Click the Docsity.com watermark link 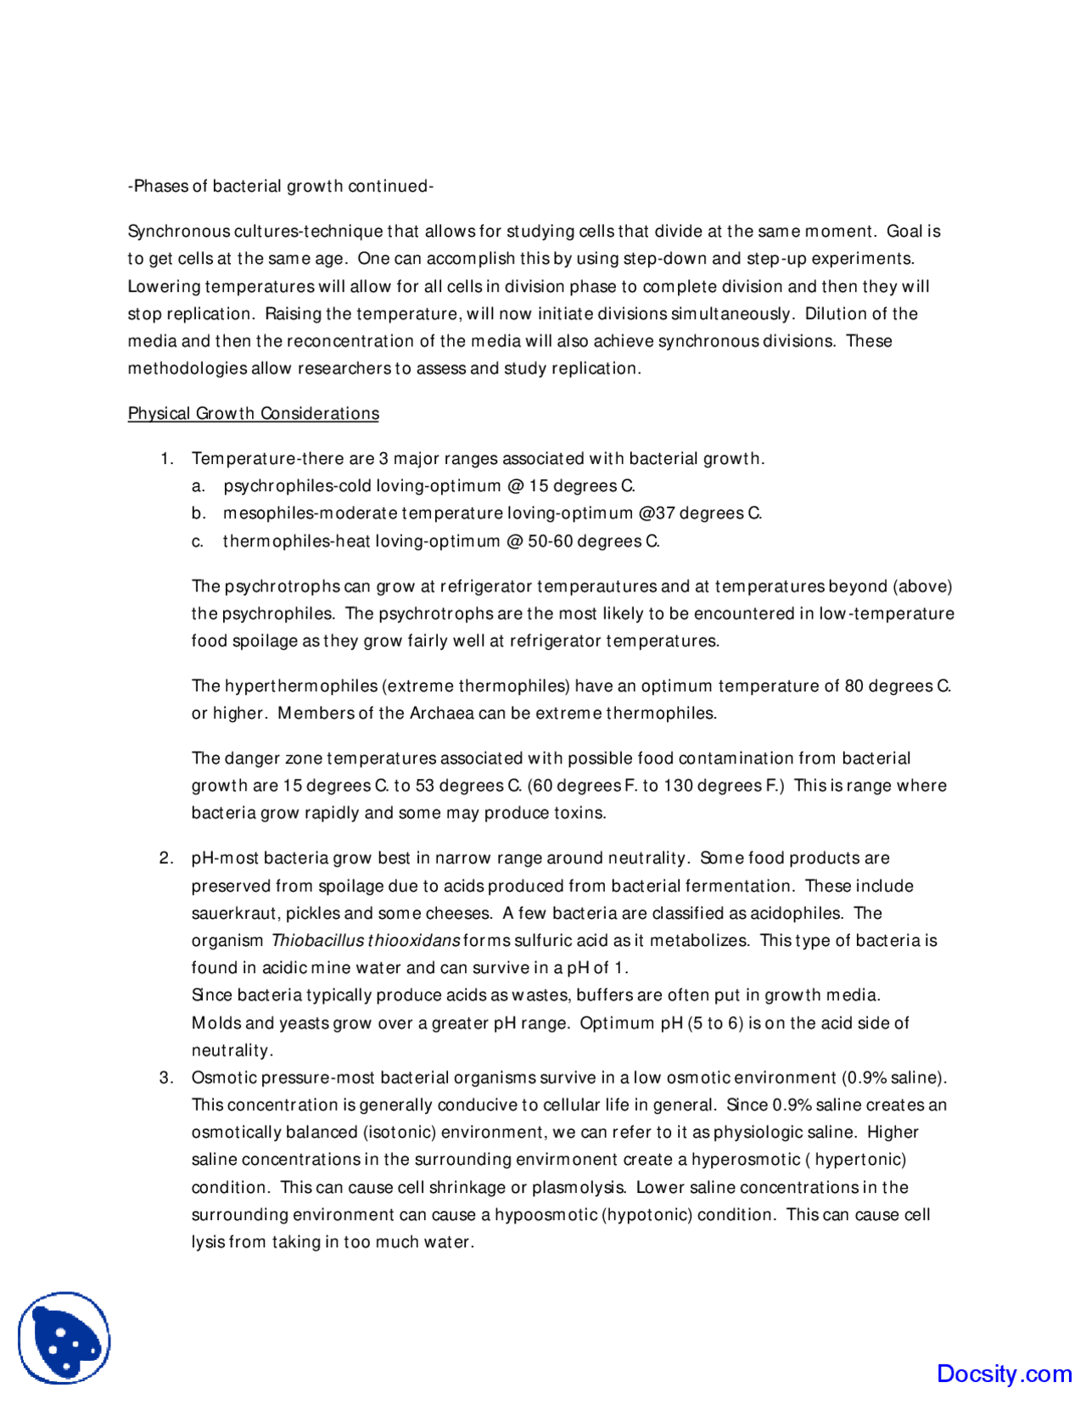coord(1004,1373)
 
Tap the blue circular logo coord(64,1338)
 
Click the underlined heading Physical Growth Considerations coord(253,413)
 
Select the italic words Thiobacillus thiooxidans coord(366,940)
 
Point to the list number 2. coord(166,858)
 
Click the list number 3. coord(166,1078)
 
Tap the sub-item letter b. coord(199,513)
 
